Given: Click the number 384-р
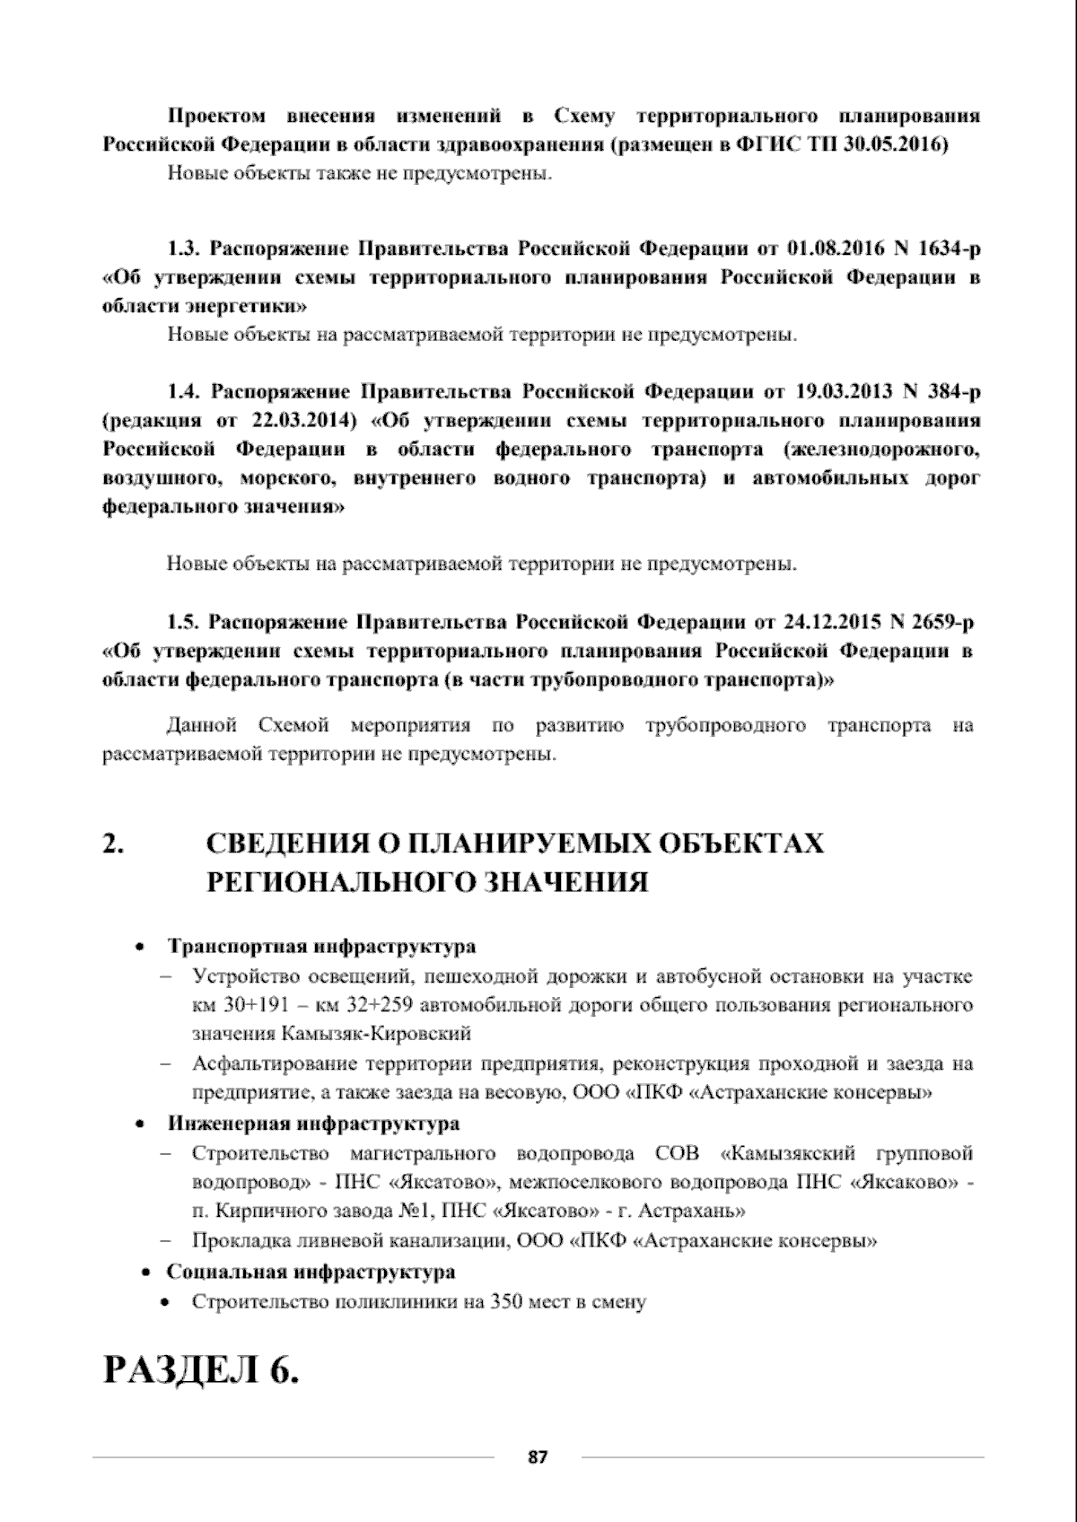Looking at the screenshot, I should click(x=953, y=392).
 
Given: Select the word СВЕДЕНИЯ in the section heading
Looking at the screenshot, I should click(x=296, y=844).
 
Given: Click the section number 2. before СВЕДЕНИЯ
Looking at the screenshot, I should click(x=113, y=844).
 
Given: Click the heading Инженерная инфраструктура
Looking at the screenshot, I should click(x=313, y=1124).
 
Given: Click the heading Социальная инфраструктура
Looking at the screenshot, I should click(x=311, y=1272).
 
